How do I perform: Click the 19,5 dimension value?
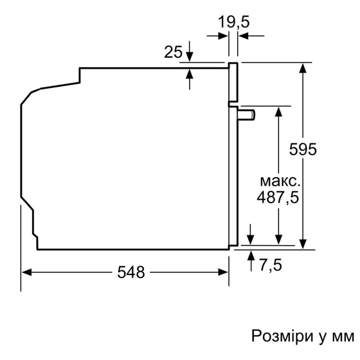(x=234, y=21)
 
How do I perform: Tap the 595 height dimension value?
(x=303, y=149)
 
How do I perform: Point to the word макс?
(x=279, y=181)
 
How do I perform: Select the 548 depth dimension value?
(x=131, y=272)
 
